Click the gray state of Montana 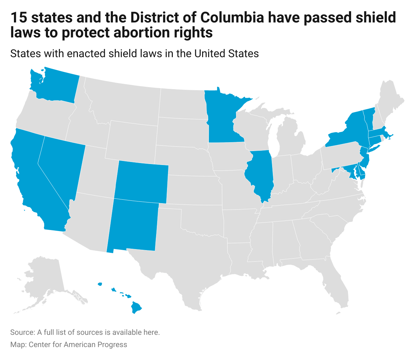(122, 102)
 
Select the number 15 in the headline (18, 18)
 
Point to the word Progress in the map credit (113, 345)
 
